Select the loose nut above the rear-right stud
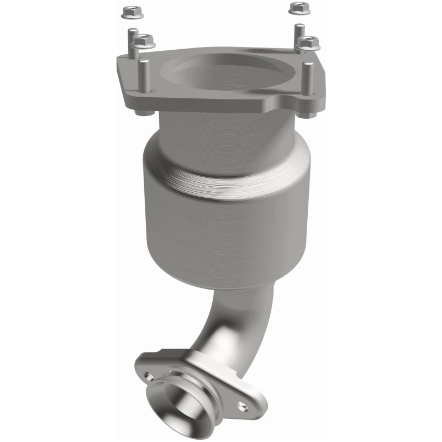click(x=297, y=8)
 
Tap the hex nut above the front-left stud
click(x=143, y=40)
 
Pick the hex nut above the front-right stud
click(x=308, y=42)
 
